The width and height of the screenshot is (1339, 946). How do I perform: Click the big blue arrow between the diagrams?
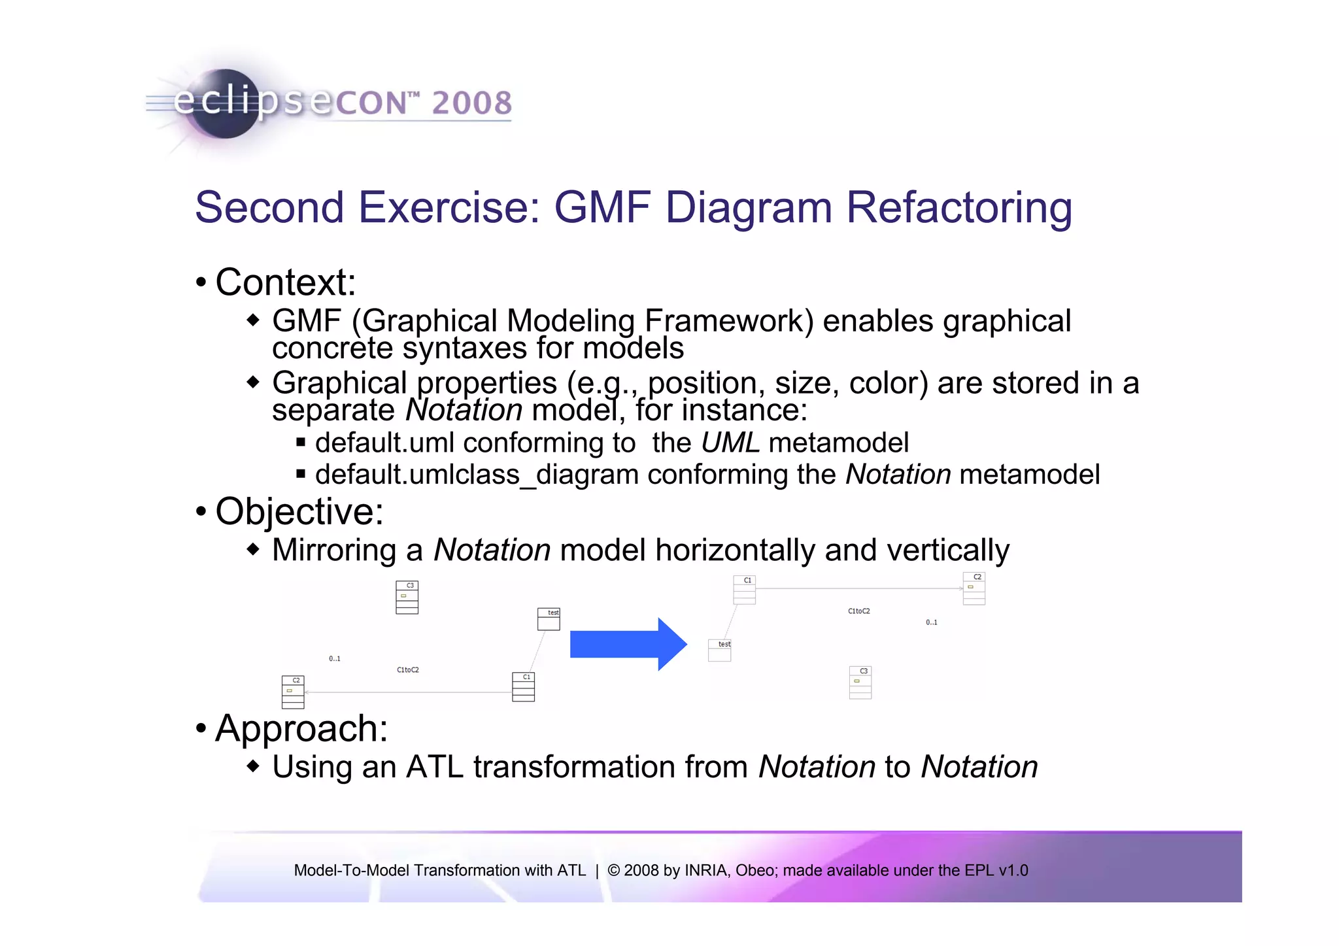click(x=628, y=645)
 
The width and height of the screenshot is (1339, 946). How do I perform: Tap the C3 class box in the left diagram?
click(x=407, y=598)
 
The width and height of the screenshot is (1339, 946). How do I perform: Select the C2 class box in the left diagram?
click(x=293, y=692)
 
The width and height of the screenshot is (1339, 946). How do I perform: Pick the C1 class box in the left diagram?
click(x=523, y=686)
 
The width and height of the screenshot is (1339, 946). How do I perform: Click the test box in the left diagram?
click(x=549, y=619)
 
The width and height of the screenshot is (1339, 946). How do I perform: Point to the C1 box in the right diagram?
click(x=744, y=590)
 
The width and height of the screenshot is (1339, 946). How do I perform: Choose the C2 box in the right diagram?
click(x=974, y=588)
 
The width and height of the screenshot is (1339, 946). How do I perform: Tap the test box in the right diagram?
click(x=720, y=650)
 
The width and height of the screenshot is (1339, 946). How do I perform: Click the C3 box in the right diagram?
click(x=860, y=683)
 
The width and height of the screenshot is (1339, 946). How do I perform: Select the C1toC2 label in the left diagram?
click(x=408, y=670)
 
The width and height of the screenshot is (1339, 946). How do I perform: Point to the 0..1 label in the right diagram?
click(x=931, y=622)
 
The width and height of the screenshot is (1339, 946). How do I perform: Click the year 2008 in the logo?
click(x=471, y=103)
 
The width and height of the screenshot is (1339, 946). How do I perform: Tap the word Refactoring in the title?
click(x=959, y=208)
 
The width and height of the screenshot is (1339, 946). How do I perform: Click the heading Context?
click(x=286, y=282)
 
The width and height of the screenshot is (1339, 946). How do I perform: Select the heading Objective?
click(x=299, y=511)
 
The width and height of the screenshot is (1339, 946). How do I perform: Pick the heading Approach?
click(x=301, y=728)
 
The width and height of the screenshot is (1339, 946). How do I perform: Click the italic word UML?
click(x=730, y=443)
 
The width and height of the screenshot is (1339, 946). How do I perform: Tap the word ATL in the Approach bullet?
click(x=435, y=767)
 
